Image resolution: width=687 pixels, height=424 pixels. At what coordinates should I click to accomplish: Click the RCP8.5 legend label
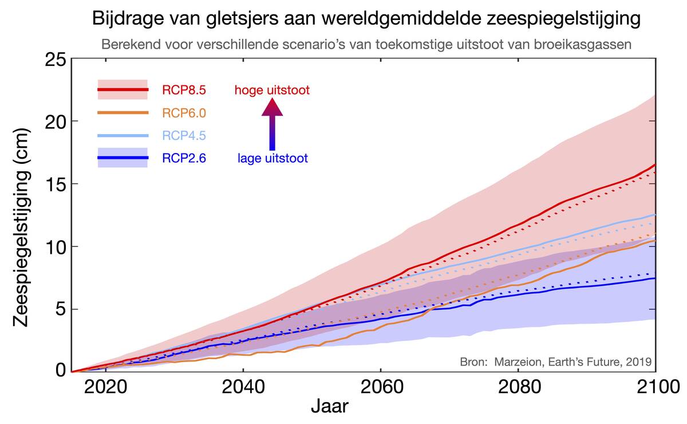point(184,90)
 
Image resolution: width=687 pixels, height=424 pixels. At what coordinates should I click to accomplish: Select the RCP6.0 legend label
point(184,113)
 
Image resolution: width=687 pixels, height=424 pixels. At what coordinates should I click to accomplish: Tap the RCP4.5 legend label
point(184,136)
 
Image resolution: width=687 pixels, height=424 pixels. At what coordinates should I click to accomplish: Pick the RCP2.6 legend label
point(184,158)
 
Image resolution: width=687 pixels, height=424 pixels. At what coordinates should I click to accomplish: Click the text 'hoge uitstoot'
point(273,90)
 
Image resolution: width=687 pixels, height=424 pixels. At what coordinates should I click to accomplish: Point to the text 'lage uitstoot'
point(273,158)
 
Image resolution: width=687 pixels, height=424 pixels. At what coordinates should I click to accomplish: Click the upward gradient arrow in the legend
point(273,123)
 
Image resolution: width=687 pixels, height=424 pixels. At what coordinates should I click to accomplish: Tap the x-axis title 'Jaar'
point(330,407)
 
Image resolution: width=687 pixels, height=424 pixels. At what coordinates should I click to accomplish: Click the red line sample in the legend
point(123,90)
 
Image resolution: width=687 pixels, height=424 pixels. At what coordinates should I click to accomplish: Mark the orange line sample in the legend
point(123,113)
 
